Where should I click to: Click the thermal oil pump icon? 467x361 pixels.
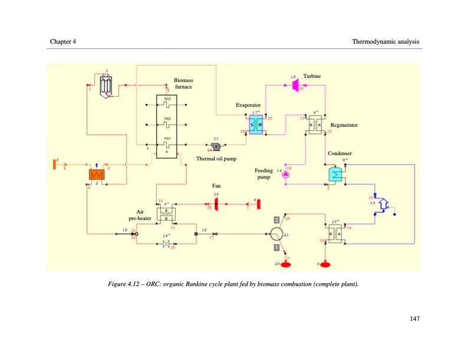216,146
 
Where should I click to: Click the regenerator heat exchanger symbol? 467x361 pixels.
317,124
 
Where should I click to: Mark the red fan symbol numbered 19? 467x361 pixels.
216,204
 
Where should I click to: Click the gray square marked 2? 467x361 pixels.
276,220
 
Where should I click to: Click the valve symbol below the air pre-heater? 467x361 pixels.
166,244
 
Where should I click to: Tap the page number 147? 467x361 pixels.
414,319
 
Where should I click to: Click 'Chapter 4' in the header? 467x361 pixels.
63,41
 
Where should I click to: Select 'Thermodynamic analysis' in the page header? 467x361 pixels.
385,41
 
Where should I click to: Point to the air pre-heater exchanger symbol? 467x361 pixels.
166,215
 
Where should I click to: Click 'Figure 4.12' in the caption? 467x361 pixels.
125,284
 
